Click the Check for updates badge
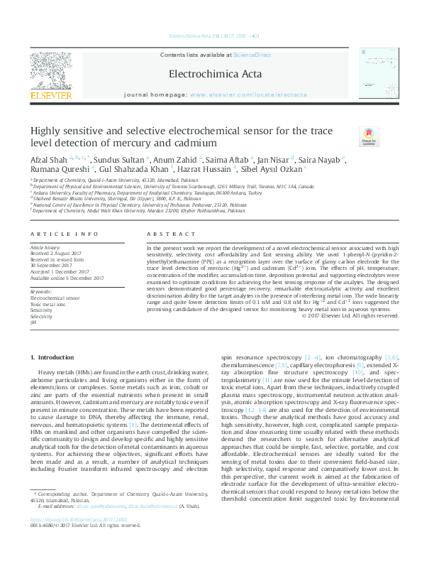tap(368, 136)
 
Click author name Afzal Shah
tap(46, 158)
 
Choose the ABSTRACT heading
tap(160, 233)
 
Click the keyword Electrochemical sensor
tap(50, 298)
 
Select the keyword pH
tap(33, 322)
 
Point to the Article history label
tap(45, 245)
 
